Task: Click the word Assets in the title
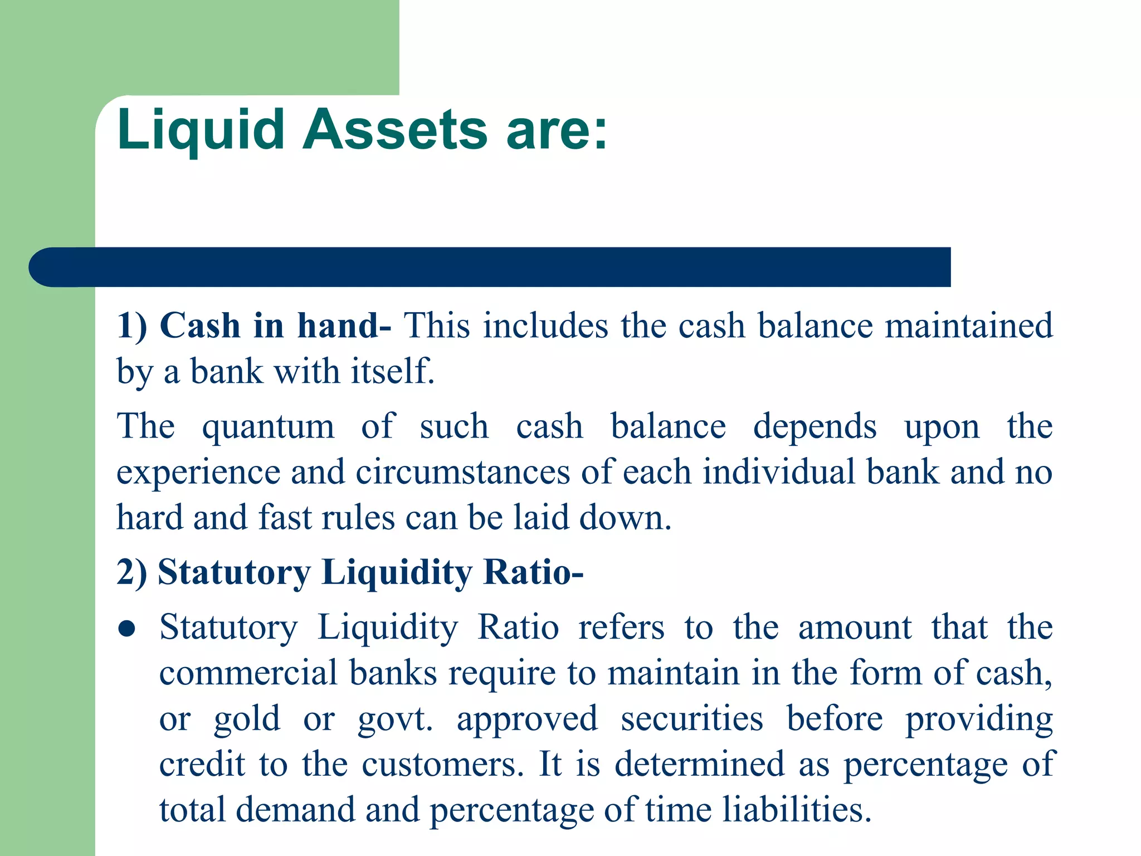click(x=395, y=130)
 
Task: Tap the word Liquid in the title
click(x=201, y=130)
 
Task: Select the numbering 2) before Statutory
click(x=131, y=572)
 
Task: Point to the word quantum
click(x=268, y=427)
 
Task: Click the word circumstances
click(x=463, y=473)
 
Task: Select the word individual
click(x=778, y=473)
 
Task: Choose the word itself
click(x=392, y=372)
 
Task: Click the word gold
click(x=247, y=719)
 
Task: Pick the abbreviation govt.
click(x=395, y=719)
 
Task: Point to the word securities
click(x=692, y=719)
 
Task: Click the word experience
click(x=198, y=473)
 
